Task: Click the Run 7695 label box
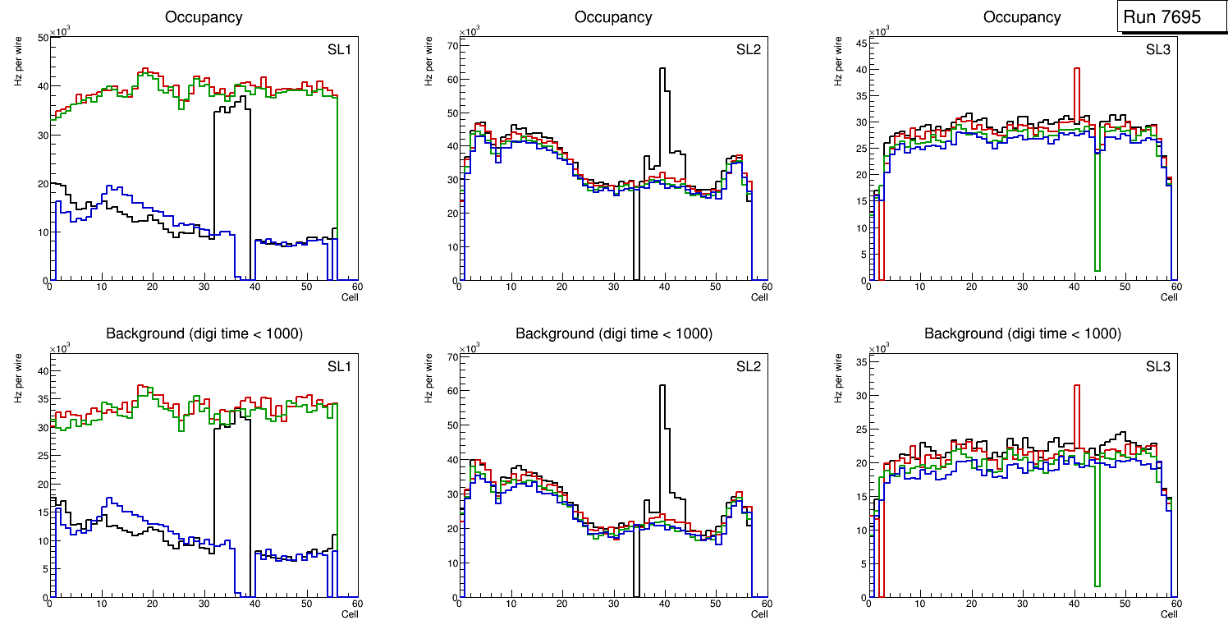[x=1172, y=17]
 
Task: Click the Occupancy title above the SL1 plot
[x=204, y=16]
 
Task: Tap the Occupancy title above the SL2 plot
[x=613, y=16]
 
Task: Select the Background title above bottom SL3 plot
[x=1022, y=333]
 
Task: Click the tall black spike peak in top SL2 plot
[x=662, y=69]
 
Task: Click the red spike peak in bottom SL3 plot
[x=1076, y=386]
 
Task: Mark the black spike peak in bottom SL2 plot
[x=662, y=386]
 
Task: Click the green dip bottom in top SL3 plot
[x=1097, y=269]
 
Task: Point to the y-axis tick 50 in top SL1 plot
[x=42, y=38]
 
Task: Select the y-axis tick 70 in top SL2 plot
[x=451, y=46]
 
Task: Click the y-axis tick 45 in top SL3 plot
[x=861, y=43]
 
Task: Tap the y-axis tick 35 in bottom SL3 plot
[x=861, y=361]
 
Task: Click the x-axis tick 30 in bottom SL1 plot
[x=204, y=604]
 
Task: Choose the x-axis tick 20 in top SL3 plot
[x=972, y=287]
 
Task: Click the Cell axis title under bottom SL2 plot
[x=759, y=613]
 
